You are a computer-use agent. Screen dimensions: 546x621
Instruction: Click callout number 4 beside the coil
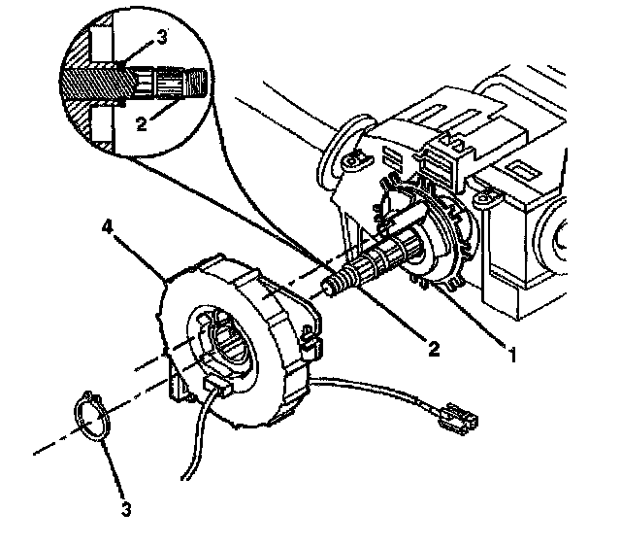pyautogui.click(x=109, y=228)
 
